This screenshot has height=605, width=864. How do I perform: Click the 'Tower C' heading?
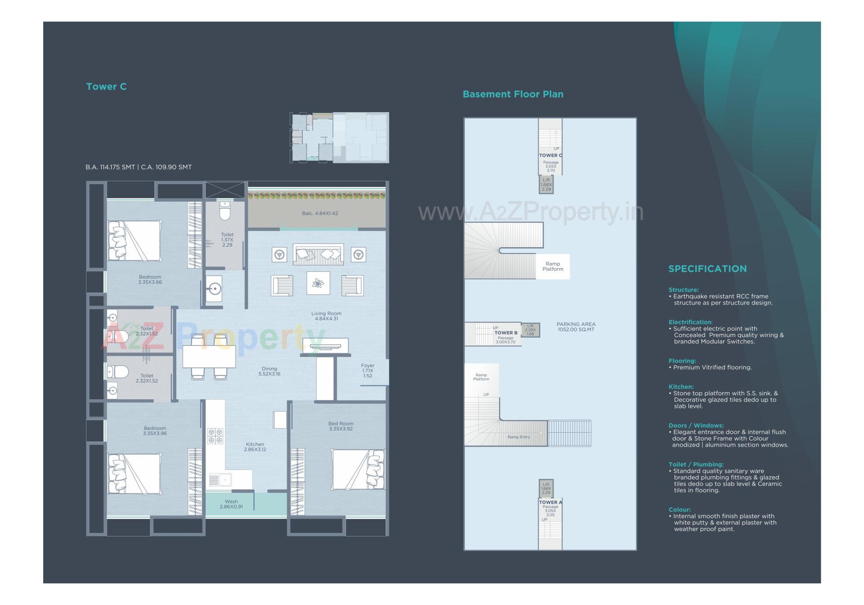[x=106, y=86]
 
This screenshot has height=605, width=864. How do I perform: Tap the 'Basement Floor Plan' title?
[x=513, y=94]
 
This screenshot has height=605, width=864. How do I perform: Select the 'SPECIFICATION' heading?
[x=707, y=269]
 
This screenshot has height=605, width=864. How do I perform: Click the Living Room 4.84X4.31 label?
[x=326, y=316]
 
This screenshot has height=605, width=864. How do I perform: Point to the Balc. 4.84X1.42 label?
[x=319, y=213]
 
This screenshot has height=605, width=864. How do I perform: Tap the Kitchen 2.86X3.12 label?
[x=255, y=447]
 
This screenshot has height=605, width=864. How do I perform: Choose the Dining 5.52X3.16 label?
[x=269, y=371]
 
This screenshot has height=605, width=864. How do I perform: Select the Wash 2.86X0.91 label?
[x=231, y=504]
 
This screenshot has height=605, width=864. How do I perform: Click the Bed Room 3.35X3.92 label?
[x=341, y=426]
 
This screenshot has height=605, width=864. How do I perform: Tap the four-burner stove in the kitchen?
[x=215, y=436]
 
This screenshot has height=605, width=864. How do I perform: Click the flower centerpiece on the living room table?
[x=318, y=283]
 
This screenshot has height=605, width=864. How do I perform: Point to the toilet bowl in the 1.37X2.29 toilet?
[x=225, y=211]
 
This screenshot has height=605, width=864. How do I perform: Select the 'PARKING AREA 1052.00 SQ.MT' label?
[x=576, y=327]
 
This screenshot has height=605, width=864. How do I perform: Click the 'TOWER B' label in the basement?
[x=506, y=333]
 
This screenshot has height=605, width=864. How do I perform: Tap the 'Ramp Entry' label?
[x=518, y=437]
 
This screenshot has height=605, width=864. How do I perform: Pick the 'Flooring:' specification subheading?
[x=682, y=361]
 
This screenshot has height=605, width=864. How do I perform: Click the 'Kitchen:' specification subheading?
[x=681, y=387]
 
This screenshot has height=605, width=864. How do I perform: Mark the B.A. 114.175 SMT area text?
[x=110, y=167]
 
